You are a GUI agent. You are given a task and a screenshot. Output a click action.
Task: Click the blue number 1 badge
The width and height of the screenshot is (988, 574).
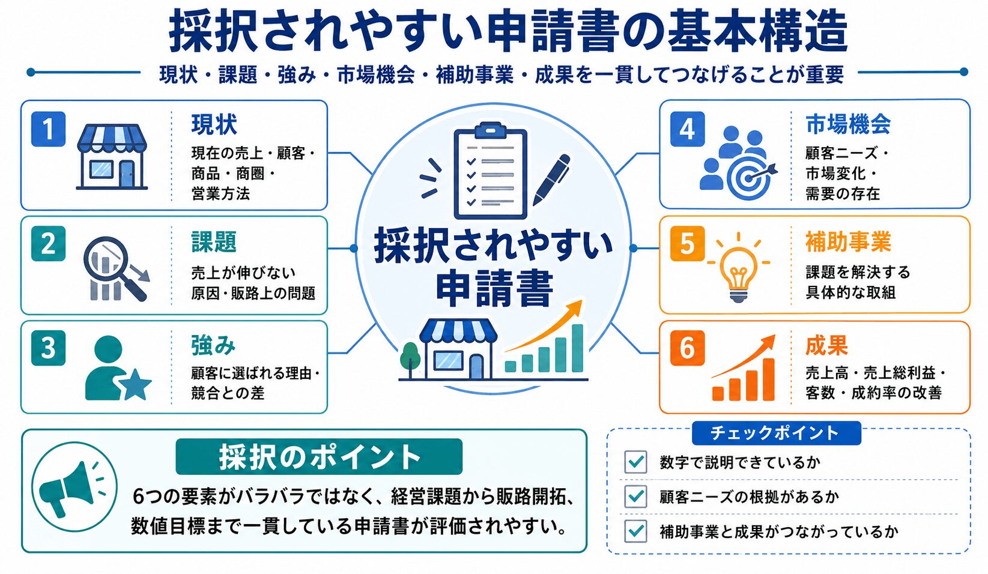[x=49, y=128]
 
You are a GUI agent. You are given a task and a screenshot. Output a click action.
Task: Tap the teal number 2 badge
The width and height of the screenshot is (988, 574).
[x=49, y=244]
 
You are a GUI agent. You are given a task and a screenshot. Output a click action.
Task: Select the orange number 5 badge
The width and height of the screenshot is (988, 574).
[x=687, y=244]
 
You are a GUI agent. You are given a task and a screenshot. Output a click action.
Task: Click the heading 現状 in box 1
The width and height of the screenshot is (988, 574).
[x=214, y=124]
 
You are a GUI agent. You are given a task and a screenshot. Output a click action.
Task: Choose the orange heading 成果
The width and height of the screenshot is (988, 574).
[x=826, y=345]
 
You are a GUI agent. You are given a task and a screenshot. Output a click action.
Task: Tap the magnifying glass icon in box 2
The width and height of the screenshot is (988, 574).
[x=117, y=269]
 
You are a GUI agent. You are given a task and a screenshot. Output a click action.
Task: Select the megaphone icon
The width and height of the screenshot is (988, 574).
[x=71, y=488]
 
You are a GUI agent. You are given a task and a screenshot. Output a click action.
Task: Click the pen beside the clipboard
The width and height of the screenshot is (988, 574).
[x=551, y=180]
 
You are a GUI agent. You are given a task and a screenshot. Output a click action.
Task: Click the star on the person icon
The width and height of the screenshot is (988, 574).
[x=135, y=384]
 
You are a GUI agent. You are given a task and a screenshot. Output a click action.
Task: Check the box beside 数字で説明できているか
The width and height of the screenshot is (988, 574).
[x=635, y=462]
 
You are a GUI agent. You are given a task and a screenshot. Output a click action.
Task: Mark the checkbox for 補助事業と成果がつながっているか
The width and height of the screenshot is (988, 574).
[x=635, y=531]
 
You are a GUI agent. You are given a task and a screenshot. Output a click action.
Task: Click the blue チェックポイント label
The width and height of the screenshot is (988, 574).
[x=776, y=433]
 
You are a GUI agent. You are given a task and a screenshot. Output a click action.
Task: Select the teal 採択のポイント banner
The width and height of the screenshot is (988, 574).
[x=319, y=457]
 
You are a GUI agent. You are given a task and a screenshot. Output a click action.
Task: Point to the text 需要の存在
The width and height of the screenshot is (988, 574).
[x=843, y=193]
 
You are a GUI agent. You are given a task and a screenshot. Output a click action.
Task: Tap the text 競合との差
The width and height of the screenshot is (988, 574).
[x=228, y=393]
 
